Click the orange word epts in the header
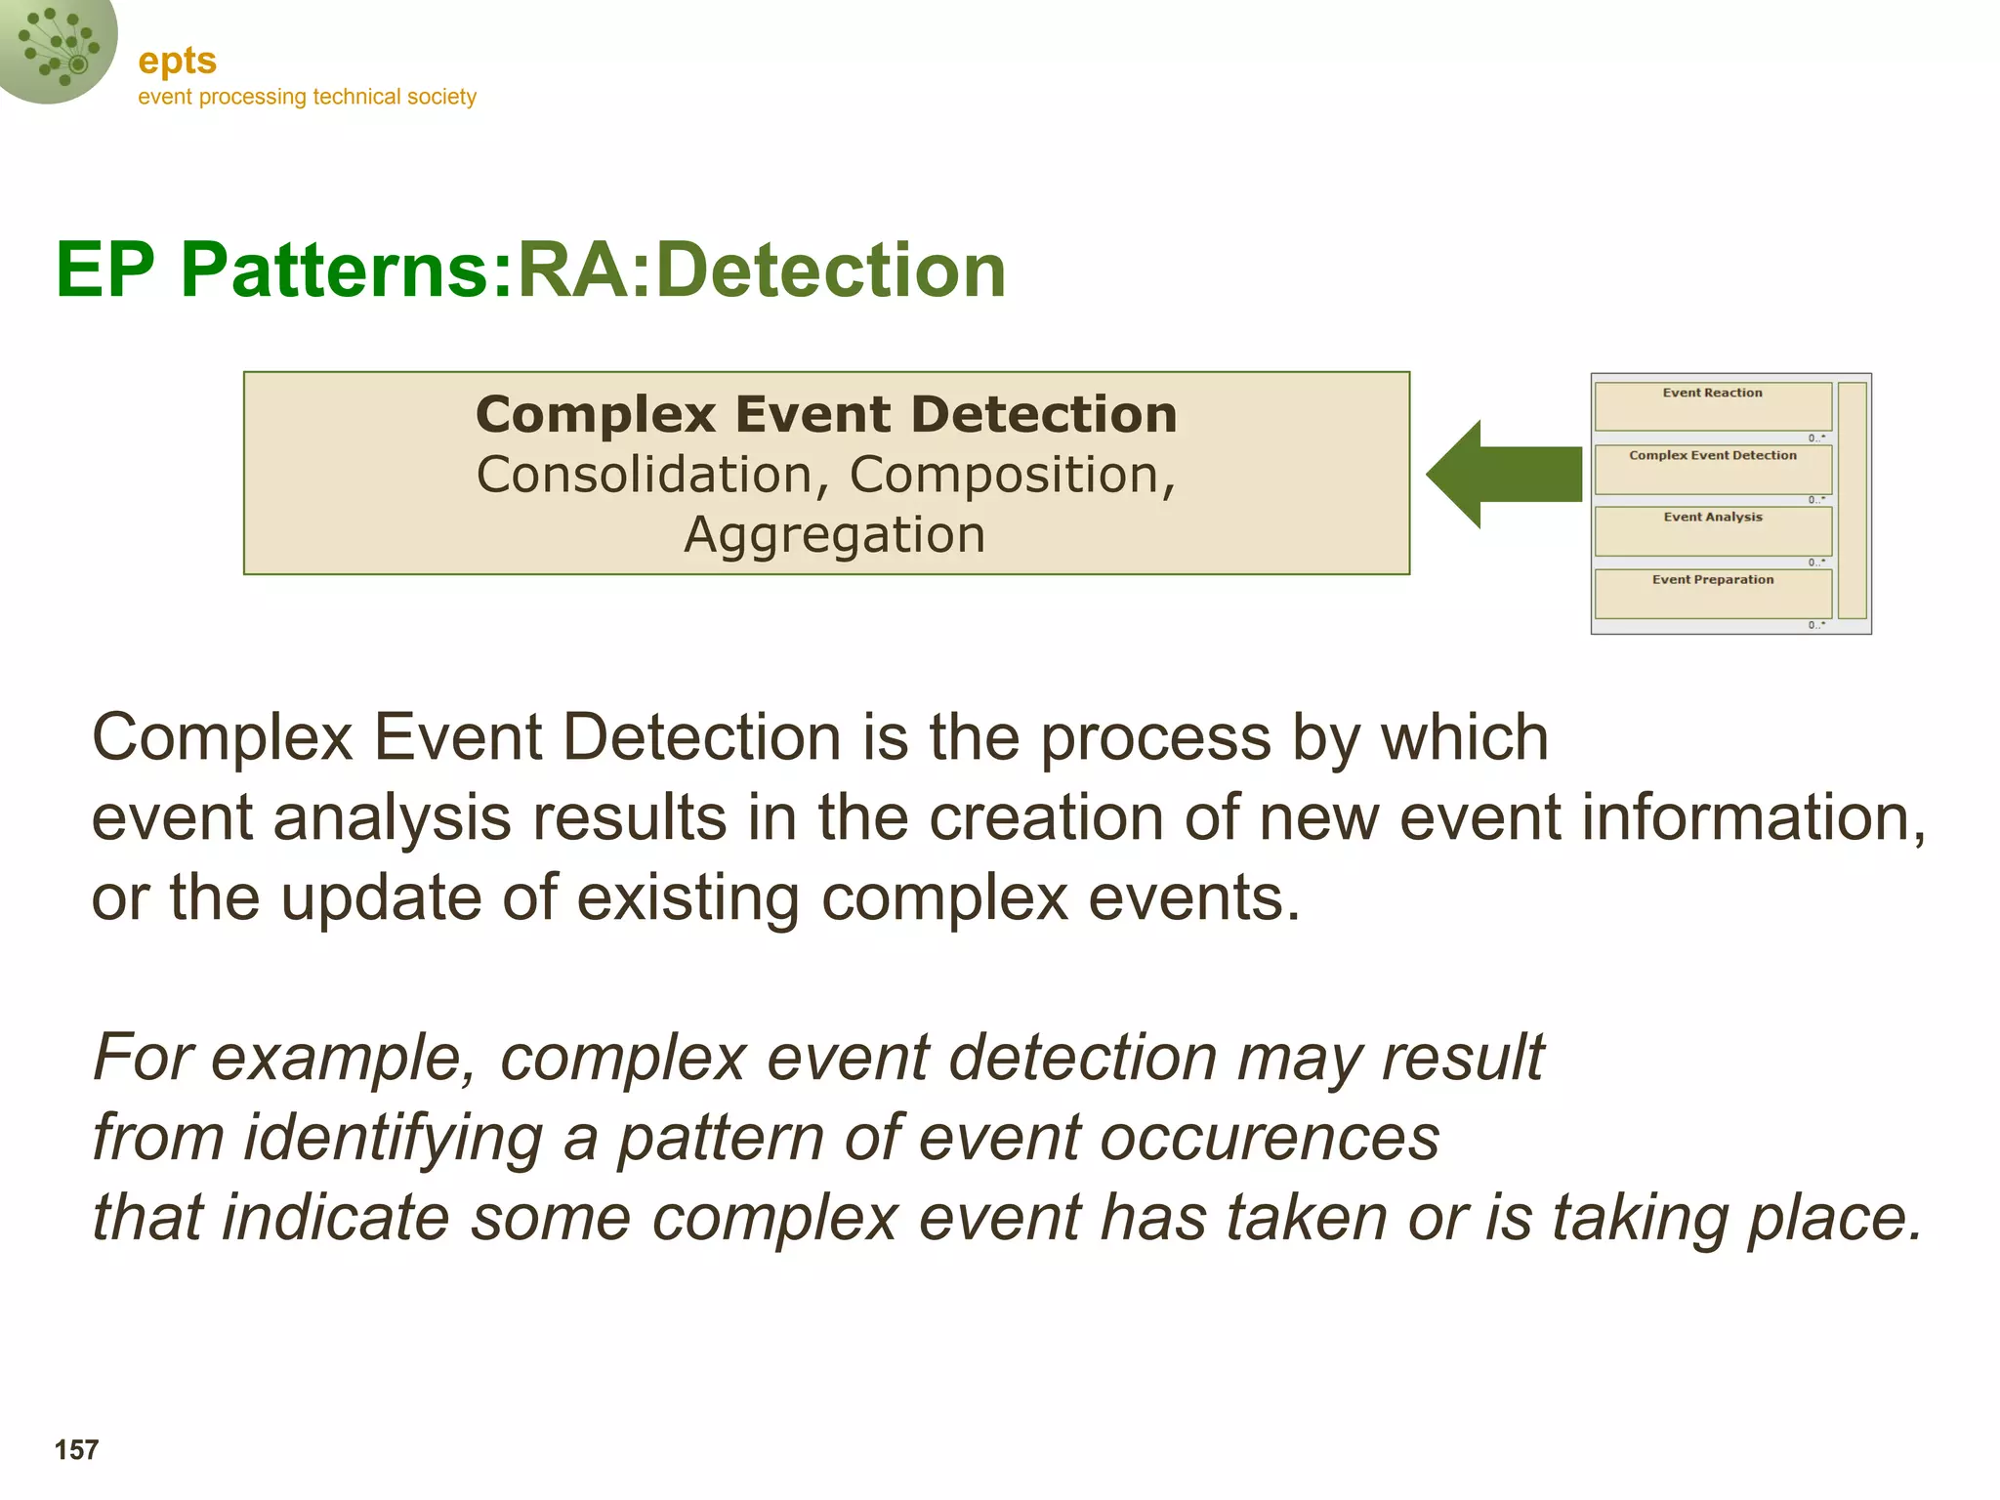pos(177,61)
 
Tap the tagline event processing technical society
pos(307,97)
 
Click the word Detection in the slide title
pos(830,270)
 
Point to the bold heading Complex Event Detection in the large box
pos(826,414)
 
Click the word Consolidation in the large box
pos(645,475)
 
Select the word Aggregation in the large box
pos(834,535)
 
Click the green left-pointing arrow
pos(1504,475)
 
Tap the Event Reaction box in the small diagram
pos(1713,406)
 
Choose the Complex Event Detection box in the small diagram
pos(1713,470)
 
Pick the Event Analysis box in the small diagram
pos(1713,531)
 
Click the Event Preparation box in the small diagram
pos(1713,594)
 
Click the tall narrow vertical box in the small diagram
pos(1852,500)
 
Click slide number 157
pos(76,1450)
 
